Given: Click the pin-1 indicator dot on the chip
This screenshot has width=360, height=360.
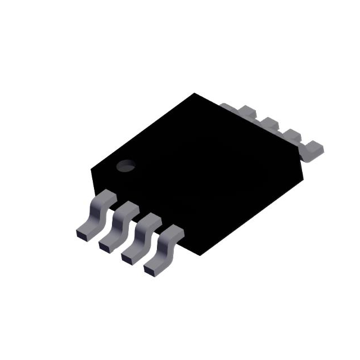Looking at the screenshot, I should [125, 166].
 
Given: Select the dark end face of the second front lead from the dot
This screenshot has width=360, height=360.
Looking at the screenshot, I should [105, 245].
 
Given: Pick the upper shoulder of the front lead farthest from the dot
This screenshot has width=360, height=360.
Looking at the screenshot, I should [173, 230].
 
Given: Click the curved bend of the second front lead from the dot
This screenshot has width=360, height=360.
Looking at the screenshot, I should [120, 222].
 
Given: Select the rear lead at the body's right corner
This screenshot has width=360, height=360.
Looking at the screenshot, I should [313, 150].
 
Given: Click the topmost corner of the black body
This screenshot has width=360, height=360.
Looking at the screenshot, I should [195, 93].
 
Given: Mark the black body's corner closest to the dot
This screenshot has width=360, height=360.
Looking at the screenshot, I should [91, 168].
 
